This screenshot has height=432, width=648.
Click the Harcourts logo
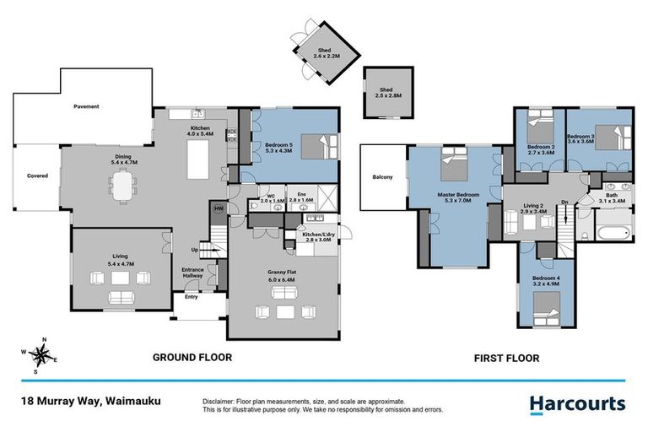click(577, 404)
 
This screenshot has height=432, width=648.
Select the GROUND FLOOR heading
click(192, 357)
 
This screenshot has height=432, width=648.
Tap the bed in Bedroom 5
click(319, 147)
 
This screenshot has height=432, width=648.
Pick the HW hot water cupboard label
click(219, 208)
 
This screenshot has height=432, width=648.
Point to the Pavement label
click(86, 107)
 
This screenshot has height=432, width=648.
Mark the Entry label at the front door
click(191, 297)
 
